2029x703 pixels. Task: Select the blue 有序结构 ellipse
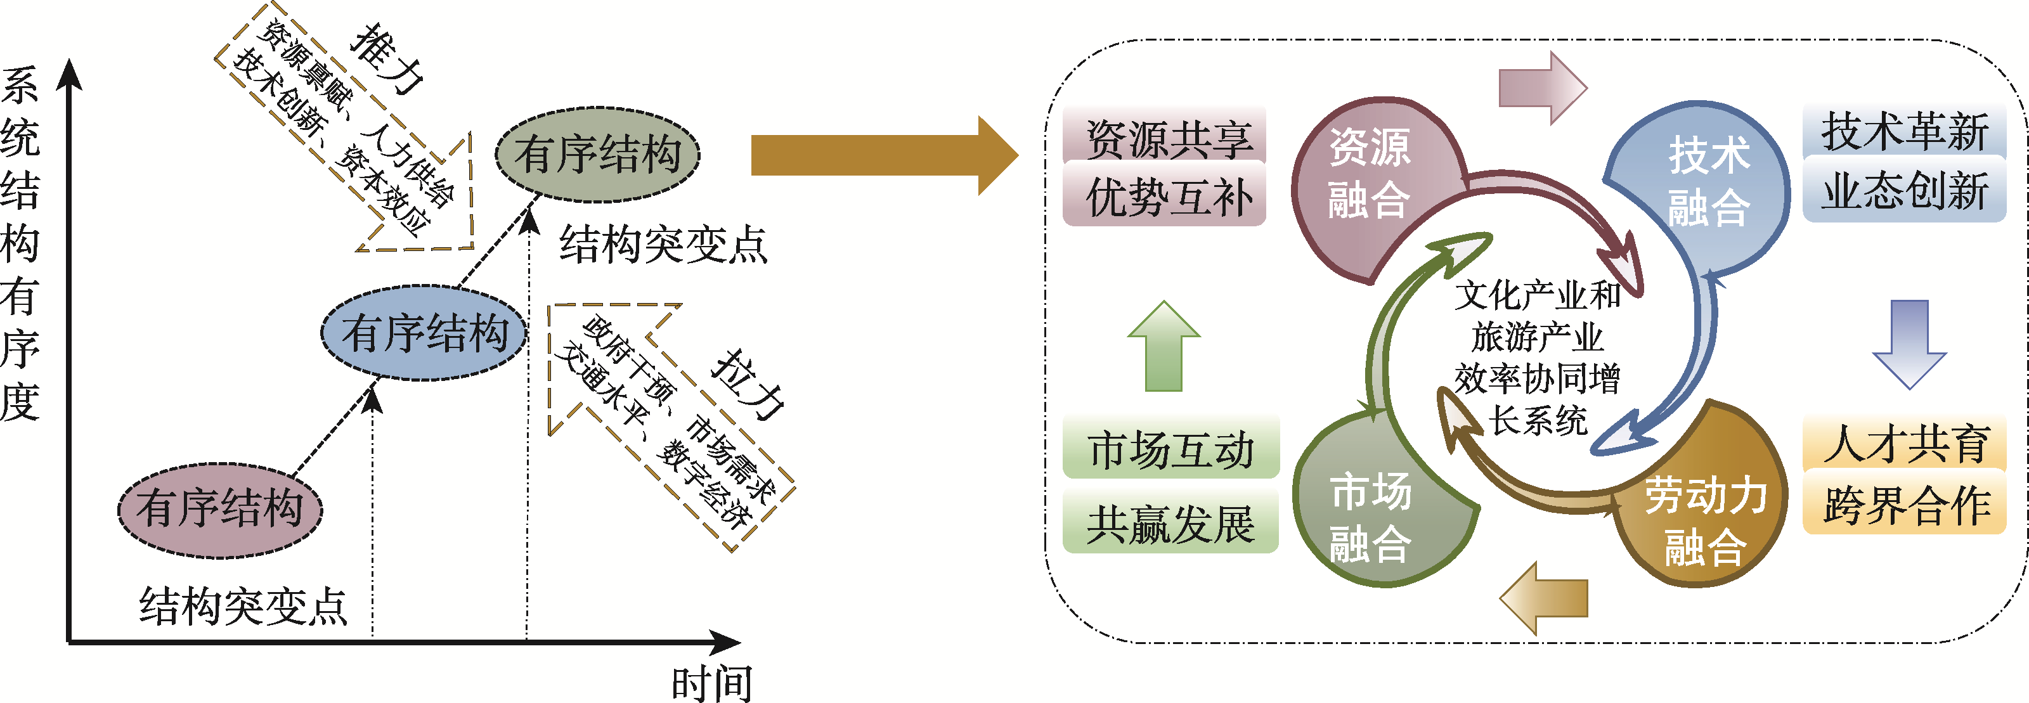(424, 333)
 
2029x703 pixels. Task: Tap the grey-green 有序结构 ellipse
(598, 154)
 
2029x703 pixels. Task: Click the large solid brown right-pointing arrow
(882, 155)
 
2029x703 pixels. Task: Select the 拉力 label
(749, 384)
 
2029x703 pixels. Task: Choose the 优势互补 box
(1164, 195)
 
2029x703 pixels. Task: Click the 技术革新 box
(1903, 131)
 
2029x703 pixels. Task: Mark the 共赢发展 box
(1170, 523)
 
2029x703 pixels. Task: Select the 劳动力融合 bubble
(1704, 520)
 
